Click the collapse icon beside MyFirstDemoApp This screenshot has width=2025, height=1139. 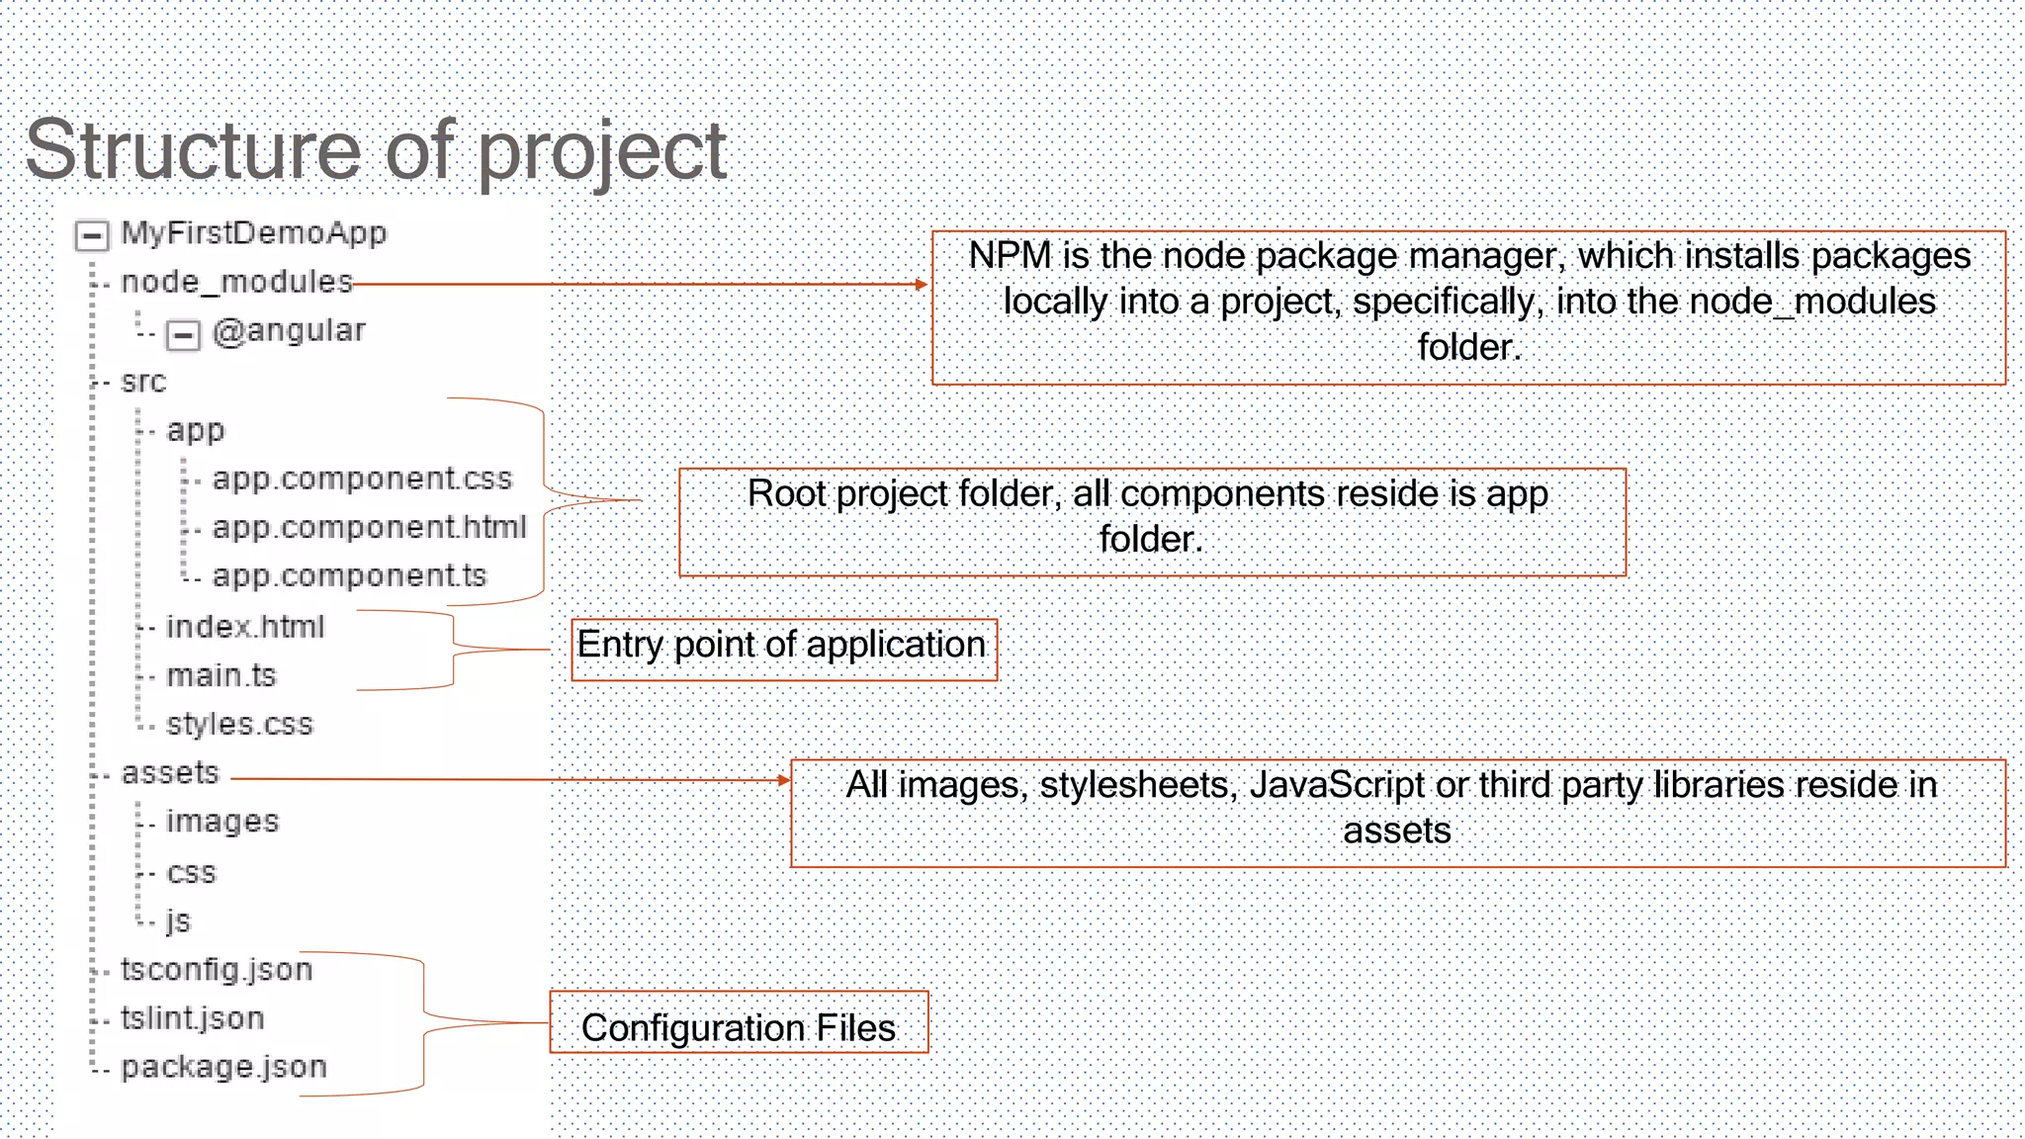[92, 236]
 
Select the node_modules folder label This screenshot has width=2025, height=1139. [236, 283]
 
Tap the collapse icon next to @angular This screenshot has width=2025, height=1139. [183, 335]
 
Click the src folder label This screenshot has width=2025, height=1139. [143, 382]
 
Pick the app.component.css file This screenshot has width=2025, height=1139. [362, 479]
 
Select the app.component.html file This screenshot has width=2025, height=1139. [369, 527]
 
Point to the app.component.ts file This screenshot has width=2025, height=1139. [349, 575]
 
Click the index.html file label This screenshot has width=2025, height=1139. [245, 627]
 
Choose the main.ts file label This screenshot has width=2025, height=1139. [221, 675]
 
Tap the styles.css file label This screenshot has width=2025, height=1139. [239, 724]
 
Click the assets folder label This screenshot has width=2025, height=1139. [170, 772]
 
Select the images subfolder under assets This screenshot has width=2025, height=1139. [222, 821]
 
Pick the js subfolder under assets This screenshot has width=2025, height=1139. [178, 920]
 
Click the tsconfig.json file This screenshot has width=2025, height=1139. [217, 969]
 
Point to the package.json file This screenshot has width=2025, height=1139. [223, 1067]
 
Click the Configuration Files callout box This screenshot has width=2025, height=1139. [739, 1023]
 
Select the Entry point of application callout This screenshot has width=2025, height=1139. [783, 650]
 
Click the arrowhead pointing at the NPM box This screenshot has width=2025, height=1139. [922, 285]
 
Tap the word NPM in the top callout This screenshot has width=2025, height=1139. [1010, 256]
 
